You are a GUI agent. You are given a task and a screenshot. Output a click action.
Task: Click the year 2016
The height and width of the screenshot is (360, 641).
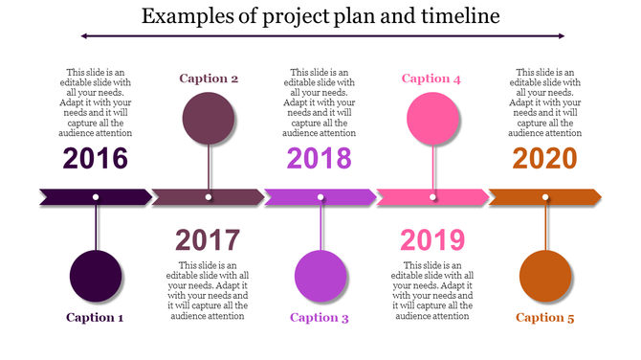click(96, 158)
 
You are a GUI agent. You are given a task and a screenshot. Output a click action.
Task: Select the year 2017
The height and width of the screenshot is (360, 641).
click(208, 240)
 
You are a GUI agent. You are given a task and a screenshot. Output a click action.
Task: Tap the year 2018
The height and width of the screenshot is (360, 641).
click(320, 158)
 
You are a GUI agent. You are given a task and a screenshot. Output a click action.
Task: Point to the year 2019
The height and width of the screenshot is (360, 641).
click(432, 240)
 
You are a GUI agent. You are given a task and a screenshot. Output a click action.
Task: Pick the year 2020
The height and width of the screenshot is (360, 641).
click(544, 158)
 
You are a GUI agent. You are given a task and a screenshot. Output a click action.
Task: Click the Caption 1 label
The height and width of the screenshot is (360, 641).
click(96, 317)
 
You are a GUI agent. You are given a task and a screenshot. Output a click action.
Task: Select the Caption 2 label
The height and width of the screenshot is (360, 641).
click(209, 79)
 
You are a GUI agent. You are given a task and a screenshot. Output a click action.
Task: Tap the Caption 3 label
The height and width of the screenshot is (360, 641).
click(320, 317)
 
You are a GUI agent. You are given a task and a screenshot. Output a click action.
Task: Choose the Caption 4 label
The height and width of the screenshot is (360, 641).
click(431, 79)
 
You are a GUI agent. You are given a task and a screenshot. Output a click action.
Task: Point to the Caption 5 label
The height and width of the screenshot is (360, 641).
click(544, 317)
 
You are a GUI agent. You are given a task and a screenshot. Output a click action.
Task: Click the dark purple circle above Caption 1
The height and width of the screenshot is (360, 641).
click(96, 275)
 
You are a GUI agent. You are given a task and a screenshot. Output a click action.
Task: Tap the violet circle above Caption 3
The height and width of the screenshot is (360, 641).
click(320, 275)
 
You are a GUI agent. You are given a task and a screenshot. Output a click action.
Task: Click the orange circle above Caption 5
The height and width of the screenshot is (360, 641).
click(544, 275)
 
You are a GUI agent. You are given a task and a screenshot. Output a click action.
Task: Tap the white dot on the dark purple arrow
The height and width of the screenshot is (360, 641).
click(96, 197)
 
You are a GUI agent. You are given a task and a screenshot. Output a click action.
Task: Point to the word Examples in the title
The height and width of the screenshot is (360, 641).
click(177, 16)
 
